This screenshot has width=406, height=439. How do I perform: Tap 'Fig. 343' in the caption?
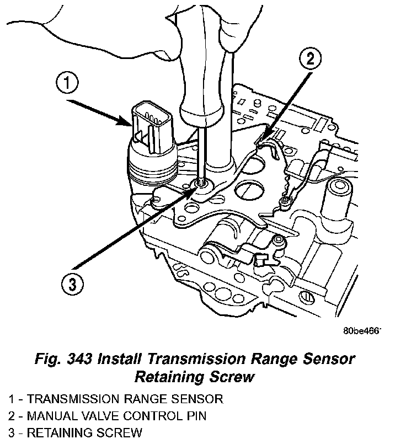61,360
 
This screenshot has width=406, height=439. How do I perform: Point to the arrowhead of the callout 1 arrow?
131,125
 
